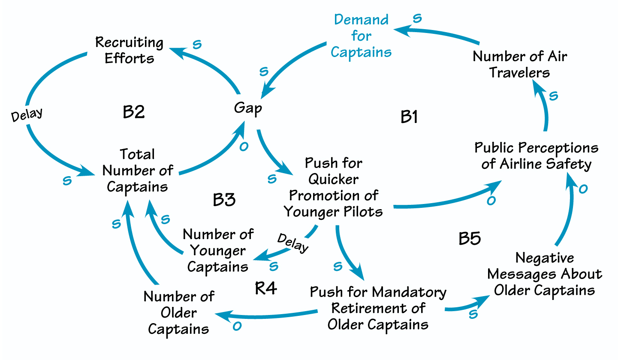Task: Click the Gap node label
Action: (x=248, y=108)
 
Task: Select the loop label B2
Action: (x=134, y=112)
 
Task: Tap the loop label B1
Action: (x=409, y=117)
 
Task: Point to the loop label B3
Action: (x=224, y=200)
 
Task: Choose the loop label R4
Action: (x=266, y=288)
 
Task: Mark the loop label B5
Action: (x=470, y=239)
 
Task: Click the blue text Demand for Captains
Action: (x=361, y=36)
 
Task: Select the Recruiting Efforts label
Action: (x=129, y=50)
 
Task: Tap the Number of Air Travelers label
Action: (x=520, y=64)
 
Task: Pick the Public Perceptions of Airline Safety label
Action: (x=536, y=156)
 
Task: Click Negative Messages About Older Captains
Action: (x=545, y=274)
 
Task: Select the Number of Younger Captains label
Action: (x=218, y=251)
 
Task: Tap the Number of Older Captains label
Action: (x=178, y=313)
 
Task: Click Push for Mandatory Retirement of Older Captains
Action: (x=378, y=308)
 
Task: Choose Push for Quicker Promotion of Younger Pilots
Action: (x=333, y=187)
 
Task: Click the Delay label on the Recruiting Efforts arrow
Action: (x=27, y=114)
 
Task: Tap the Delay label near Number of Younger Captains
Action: (x=293, y=243)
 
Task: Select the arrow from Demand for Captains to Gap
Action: (x=296, y=64)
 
